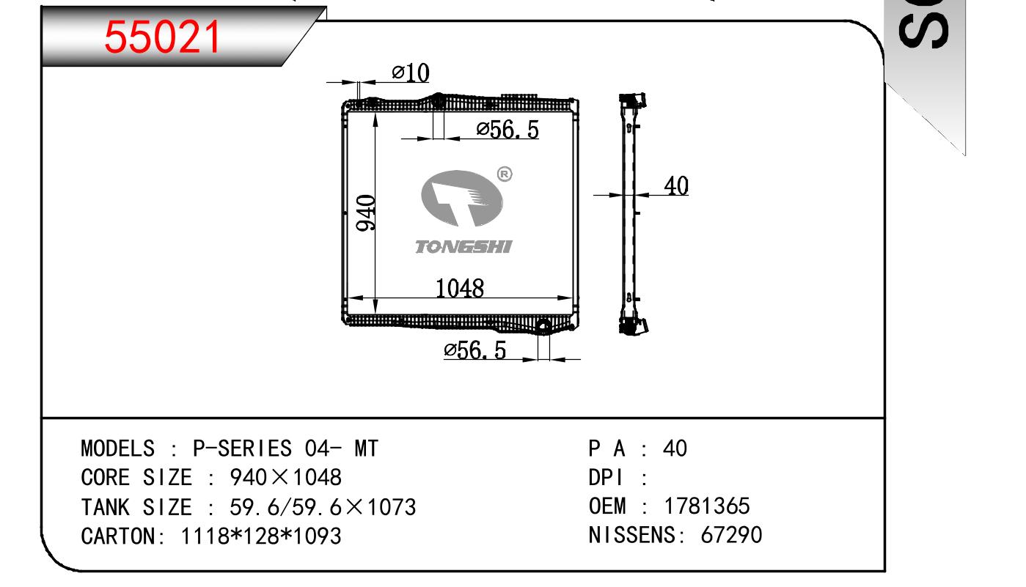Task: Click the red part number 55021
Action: [x=162, y=37]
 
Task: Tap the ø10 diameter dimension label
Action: [x=411, y=73]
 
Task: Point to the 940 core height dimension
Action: [x=366, y=213]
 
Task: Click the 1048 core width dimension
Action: [x=459, y=288]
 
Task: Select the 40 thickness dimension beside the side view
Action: [x=676, y=185]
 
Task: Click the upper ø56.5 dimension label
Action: [x=507, y=130]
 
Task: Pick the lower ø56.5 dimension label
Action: [x=475, y=350]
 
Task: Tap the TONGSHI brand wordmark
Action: [x=463, y=247]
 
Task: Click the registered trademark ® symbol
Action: [x=505, y=174]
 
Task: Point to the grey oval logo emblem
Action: [x=462, y=198]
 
